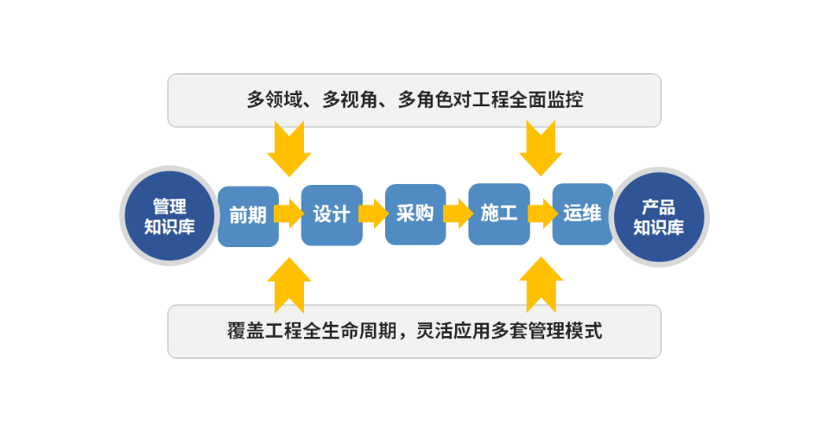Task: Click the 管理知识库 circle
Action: pyautogui.click(x=168, y=216)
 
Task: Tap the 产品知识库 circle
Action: pyautogui.click(x=658, y=216)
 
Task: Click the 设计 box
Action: pyautogui.click(x=331, y=215)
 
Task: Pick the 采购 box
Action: pyautogui.click(x=415, y=214)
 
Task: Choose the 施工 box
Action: pyautogui.click(x=498, y=214)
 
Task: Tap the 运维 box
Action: pyautogui.click(x=582, y=214)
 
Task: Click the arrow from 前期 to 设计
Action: pyautogui.click(x=289, y=213)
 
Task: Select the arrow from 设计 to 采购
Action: pyautogui.click(x=373, y=213)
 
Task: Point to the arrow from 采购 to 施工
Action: pyautogui.click(x=457, y=213)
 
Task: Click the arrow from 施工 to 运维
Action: pyautogui.click(x=541, y=213)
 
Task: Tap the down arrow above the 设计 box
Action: pyautogui.click(x=288, y=149)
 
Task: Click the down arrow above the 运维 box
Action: pyautogui.click(x=541, y=149)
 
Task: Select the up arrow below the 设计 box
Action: pyautogui.click(x=288, y=282)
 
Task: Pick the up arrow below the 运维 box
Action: pyautogui.click(x=541, y=282)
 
